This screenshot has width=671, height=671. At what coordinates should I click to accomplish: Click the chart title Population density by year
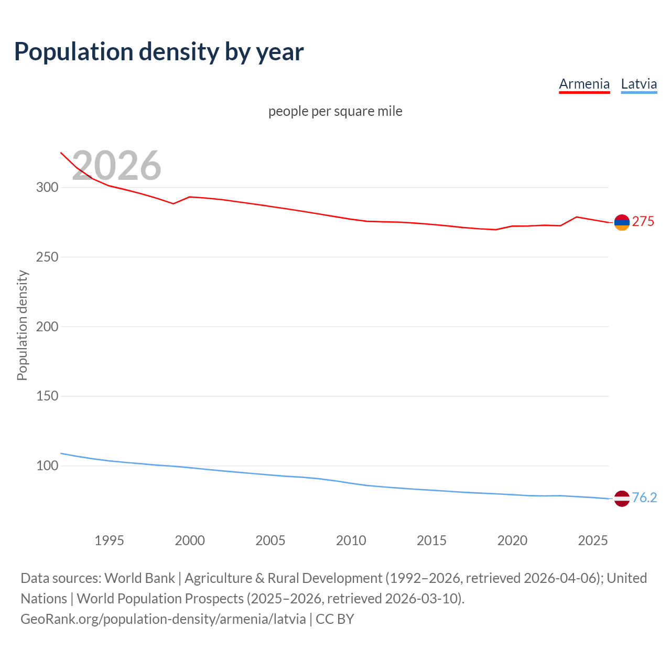coord(159,52)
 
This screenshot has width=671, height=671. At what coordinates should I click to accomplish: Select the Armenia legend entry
coord(584,84)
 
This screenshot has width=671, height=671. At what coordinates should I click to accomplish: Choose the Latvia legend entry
coord(638,84)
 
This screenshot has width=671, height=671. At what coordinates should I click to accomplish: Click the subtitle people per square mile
coord(335,111)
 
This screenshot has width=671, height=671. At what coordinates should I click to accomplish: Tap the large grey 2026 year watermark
coord(116,166)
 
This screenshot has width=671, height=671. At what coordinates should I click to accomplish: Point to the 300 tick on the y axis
coord(47,187)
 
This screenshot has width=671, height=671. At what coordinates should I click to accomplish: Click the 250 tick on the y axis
coord(47,257)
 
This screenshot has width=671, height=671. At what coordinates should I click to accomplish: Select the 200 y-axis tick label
coord(47,327)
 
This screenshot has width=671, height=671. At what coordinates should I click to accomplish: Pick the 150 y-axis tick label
coord(47,396)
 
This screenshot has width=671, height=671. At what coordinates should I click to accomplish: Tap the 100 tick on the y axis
coord(47,466)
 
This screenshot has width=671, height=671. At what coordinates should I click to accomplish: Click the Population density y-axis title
coord(22,325)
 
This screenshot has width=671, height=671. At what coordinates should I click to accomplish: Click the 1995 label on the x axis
coord(109,540)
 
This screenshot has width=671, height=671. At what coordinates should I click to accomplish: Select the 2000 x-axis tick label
coord(190,540)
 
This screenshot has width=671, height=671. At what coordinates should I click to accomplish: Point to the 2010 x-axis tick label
coord(351,540)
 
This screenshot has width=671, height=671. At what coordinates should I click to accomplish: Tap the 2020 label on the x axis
coord(512,540)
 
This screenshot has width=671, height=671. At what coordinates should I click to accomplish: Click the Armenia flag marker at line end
coord(622,223)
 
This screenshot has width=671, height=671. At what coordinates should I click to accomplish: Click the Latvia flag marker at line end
coord(622,499)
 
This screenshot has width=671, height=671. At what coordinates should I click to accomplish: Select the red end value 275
coord(643,222)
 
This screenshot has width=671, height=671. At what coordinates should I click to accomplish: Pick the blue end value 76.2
coord(644,497)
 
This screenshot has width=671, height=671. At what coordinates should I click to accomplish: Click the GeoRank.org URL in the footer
coord(163,619)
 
